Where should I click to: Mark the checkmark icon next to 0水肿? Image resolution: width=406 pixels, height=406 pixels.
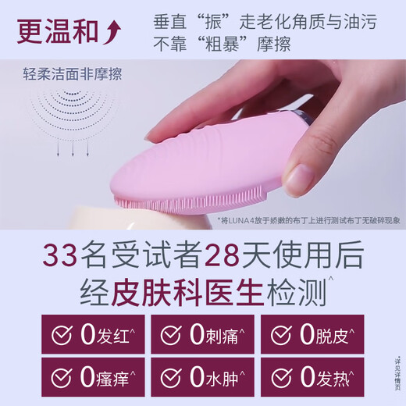(170, 379)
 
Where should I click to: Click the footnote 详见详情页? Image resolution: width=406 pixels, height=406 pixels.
(397, 375)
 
